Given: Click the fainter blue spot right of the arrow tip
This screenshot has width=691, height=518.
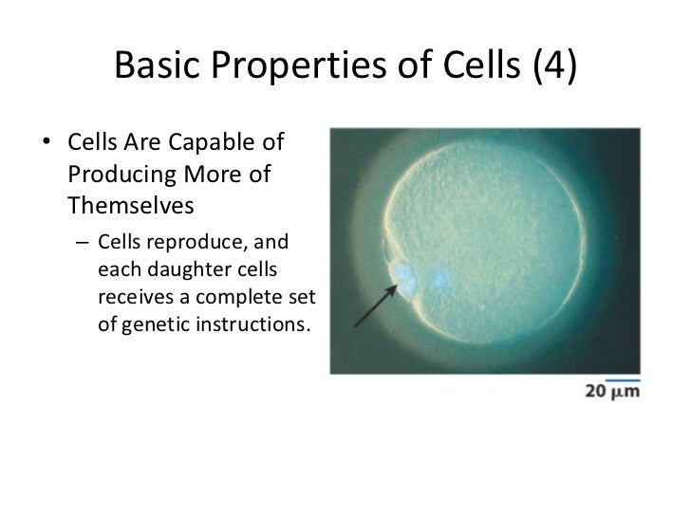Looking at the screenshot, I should pyautogui.click(x=440, y=278).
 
